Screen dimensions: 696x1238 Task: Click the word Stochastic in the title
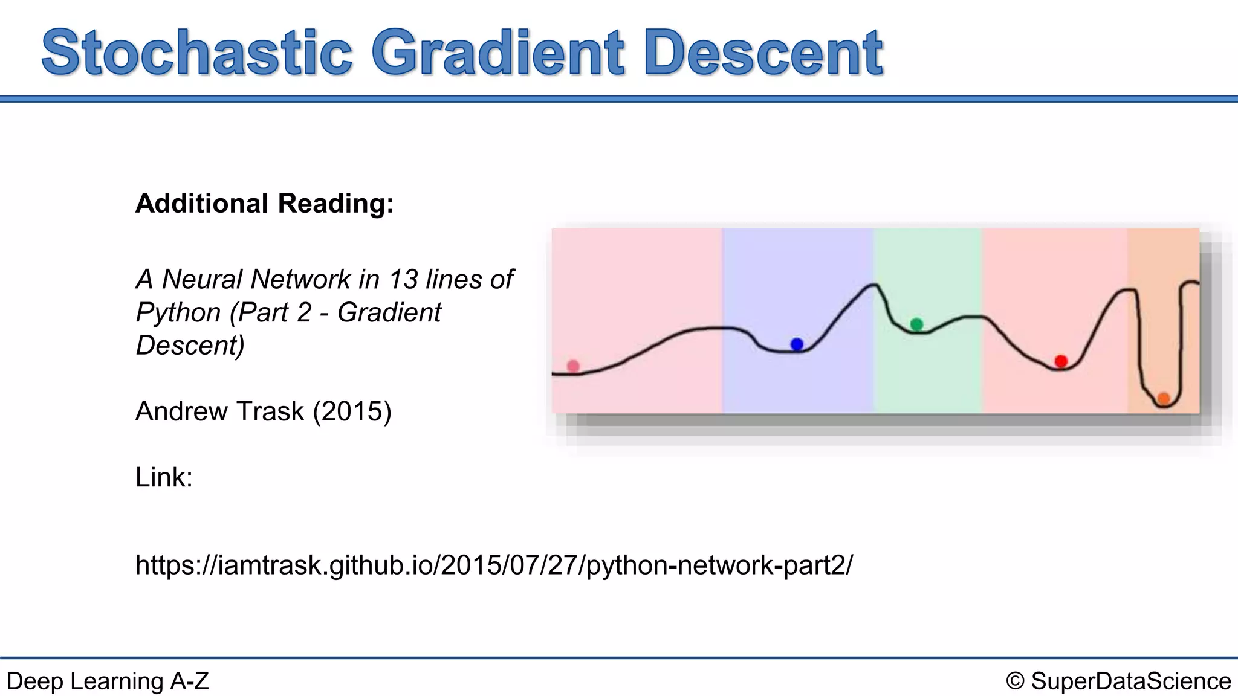pos(196,53)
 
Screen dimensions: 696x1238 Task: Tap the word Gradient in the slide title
pos(497,53)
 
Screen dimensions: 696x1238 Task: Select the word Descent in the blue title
pos(763,53)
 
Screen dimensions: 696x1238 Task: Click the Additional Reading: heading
pos(264,204)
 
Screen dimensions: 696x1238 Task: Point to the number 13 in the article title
pos(403,280)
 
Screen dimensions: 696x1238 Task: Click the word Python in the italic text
pos(178,313)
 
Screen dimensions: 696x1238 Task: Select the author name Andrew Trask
pos(219,411)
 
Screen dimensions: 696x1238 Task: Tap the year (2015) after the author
pos(352,411)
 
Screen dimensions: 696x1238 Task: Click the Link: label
pos(164,477)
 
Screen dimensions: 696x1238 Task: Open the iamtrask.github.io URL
pos(494,565)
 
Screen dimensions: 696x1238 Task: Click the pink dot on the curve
pos(573,366)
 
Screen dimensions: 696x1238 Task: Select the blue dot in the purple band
pos(797,344)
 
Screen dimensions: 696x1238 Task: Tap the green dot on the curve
pos(916,324)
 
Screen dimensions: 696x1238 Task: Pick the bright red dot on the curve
pos(1061,361)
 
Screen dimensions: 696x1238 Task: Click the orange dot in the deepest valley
pos(1164,399)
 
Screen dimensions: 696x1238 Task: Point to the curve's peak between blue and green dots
pos(873,285)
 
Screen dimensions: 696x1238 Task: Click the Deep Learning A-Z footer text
pos(108,681)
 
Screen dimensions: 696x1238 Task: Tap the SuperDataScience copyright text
pos(1130,681)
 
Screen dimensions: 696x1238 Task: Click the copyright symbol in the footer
pos(1015,681)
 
